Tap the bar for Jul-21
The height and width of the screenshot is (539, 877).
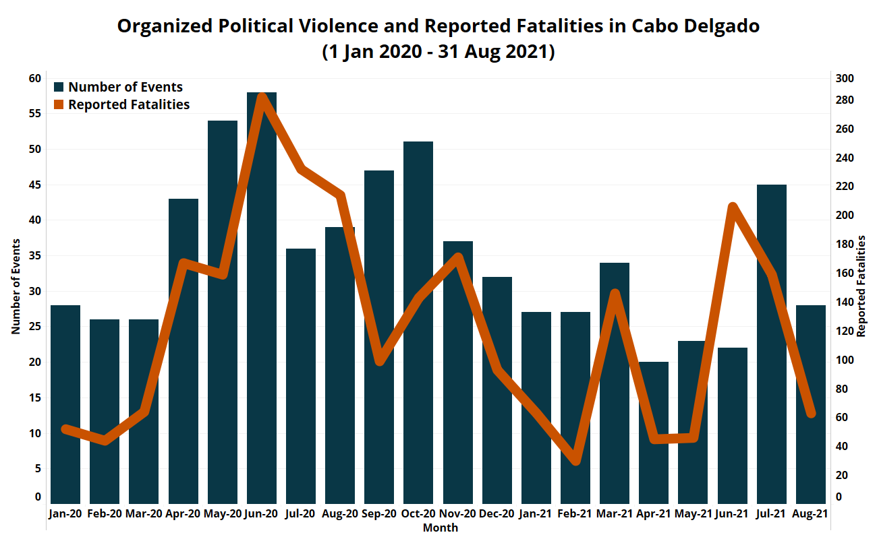point(772,344)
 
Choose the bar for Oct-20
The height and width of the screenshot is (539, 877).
point(418,323)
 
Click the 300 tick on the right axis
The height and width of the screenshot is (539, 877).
point(845,78)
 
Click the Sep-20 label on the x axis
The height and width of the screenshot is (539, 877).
point(379,513)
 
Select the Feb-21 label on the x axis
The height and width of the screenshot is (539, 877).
point(575,513)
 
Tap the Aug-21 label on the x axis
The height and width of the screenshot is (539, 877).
point(811,513)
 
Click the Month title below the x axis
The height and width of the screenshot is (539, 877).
point(441,528)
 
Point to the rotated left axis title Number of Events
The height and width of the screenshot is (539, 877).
point(16,286)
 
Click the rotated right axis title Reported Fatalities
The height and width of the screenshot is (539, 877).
point(861,286)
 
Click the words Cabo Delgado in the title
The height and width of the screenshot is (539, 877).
point(696,26)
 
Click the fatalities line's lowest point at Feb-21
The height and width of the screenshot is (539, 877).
point(575,460)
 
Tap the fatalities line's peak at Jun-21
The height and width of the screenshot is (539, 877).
point(733,207)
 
